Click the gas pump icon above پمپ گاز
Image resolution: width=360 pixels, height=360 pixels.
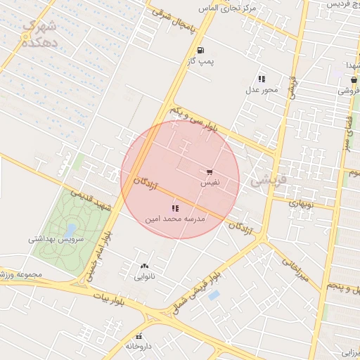point(201,51)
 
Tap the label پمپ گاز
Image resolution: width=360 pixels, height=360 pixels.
point(200,63)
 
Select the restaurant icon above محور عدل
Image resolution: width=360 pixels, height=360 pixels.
point(262,79)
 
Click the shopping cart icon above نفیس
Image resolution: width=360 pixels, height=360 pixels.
point(210,172)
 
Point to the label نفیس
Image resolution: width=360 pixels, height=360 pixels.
point(210,182)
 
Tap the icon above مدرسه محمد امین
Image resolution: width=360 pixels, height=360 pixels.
point(175,208)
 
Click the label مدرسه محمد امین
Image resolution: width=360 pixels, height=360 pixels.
point(175,219)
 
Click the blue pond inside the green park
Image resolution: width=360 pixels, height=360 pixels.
point(70,229)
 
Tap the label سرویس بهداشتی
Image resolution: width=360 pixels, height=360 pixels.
point(56,239)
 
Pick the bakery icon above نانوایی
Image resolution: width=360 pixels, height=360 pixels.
point(145,266)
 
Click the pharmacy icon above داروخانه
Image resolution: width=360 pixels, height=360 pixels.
point(139,336)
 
